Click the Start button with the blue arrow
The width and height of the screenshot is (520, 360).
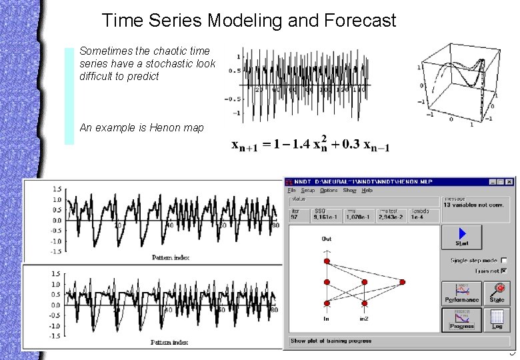[462, 237]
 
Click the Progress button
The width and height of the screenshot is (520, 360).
[461, 319]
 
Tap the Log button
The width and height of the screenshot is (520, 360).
[497, 319]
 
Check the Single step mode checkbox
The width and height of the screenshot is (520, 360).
[503, 261]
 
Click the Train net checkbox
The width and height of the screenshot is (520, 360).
[503, 271]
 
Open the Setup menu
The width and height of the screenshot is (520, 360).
[307, 191]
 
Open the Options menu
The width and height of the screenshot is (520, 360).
[329, 191]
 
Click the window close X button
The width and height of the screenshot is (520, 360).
[510, 181]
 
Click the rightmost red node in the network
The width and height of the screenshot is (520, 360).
[402, 283]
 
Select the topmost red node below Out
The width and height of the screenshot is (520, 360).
[327, 261]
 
